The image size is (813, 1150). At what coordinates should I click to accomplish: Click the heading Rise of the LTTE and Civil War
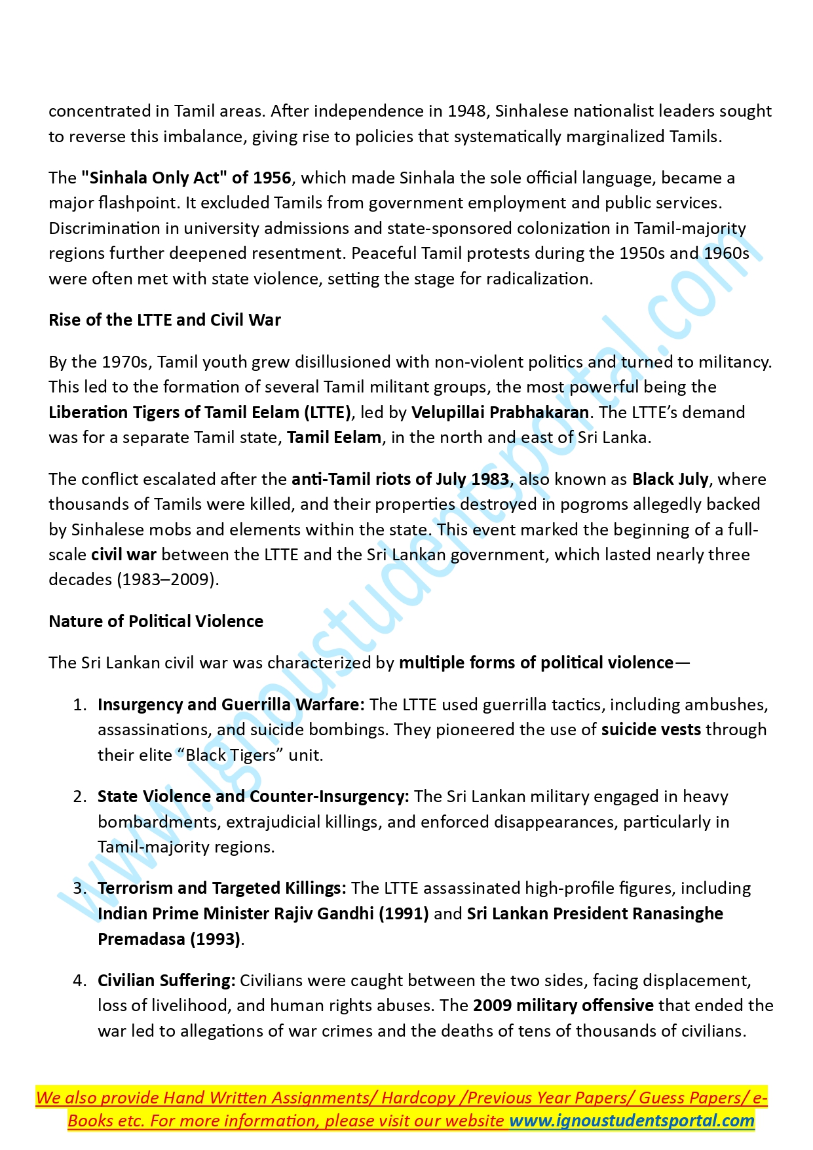click(x=164, y=320)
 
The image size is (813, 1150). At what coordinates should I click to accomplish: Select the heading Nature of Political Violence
click(x=156, y=622)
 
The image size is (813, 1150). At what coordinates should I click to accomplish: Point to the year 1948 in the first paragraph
click(x=467, y=111)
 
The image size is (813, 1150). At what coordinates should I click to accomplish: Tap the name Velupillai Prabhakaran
click(x=500, y=413)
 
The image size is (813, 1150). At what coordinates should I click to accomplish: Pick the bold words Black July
click(x=670, y=480)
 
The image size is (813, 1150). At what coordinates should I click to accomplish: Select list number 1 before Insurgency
click(x=79, y=705)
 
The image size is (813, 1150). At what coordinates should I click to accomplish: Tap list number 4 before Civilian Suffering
click(x=79, y=981)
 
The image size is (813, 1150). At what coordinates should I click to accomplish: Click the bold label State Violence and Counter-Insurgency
click(x=253, y=797)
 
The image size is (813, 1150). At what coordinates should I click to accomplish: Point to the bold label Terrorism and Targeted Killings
click(x=221, y=889)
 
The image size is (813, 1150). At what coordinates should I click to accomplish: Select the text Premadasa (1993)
click(x=169, y=940)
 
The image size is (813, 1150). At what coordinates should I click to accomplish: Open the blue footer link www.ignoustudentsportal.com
click(x=632, y=1121)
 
